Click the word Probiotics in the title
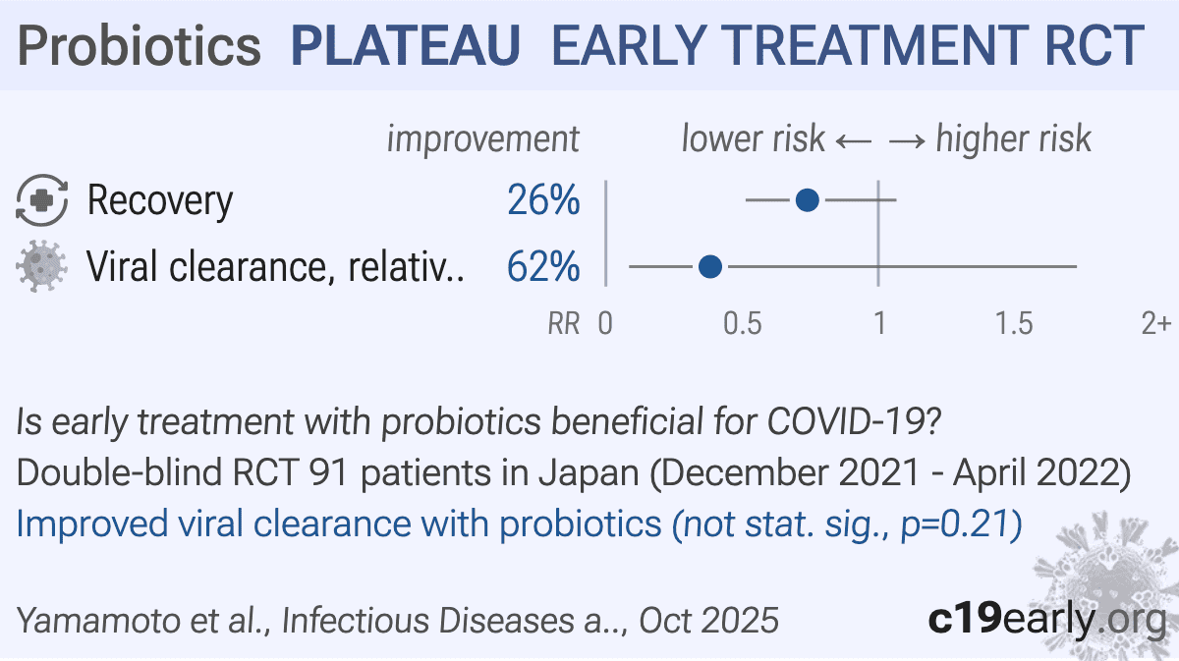[140, 45]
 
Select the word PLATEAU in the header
[406, 45]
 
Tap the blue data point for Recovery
[807, 200]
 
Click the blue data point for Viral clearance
[709, 266]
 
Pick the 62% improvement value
[543, 266]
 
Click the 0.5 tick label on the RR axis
[742, 323]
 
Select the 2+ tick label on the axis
[1155, 323]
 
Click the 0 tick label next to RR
[605, 323]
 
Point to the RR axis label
[564, 323]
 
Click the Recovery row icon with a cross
[42, 201]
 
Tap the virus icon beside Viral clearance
[42, 267]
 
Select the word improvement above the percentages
[482, 139]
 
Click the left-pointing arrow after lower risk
[853, 139]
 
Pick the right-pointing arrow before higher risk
[907, 139]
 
